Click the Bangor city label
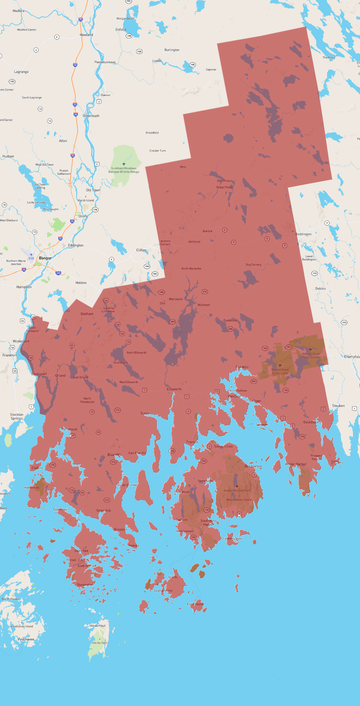click(45, 258)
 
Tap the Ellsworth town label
click(174, 389)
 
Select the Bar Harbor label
click(253, 466)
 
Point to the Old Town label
click(93, 190)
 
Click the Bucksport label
click(39, 374)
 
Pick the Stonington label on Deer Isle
click(85, 584)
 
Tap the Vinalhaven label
click(26, 639)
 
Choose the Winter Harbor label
click(296, 464)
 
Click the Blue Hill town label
click(114, 455)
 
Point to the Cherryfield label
click(352, 357)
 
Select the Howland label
click(86, 35)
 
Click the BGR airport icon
click(31, 255)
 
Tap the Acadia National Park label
click(237, 490)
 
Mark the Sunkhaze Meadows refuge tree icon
click(124, 164)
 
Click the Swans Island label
click(163, 590)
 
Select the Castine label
click(37, 468)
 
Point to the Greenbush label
click(91, 116)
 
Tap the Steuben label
click(338, 406)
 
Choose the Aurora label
click(207, 231)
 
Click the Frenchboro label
click(195, 604)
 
